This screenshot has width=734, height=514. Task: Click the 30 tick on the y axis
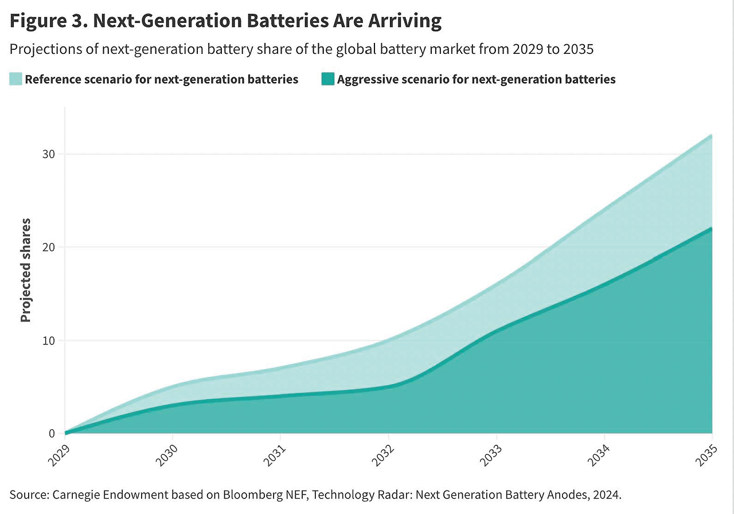pos(52,154)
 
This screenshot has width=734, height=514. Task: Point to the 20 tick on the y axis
pos(52,248)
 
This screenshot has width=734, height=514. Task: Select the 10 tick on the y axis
pos(52,340)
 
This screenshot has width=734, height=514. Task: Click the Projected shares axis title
pos(26,269)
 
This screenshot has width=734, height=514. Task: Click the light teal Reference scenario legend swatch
pos(15,79)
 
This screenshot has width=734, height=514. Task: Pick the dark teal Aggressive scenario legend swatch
pos(327,79)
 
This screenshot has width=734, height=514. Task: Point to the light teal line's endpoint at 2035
pos(712,135)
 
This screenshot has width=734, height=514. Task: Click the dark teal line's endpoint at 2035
pos(712,228)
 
